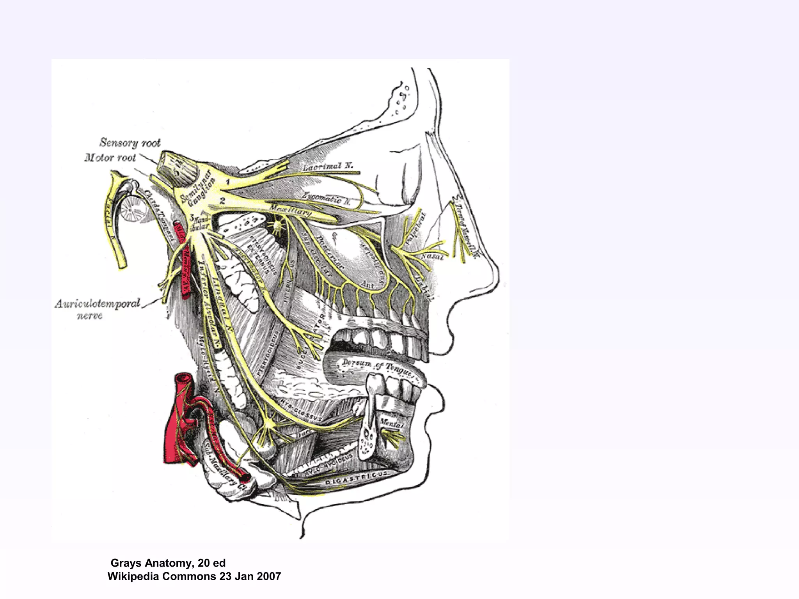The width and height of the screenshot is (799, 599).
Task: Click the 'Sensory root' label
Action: click(x=130, y=143)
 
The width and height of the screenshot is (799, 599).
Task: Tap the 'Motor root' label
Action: click(x=110, y=158)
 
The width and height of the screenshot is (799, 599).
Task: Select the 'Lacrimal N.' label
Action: click(x=328, y=167)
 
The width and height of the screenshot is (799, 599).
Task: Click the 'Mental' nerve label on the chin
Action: click(x=391, y=423)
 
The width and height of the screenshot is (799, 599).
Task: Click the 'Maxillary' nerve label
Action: click(x=290, y=211)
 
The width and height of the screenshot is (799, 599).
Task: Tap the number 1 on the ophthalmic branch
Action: click(x=228, y=181)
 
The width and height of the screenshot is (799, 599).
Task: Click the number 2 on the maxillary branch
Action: click(x=222, y=201)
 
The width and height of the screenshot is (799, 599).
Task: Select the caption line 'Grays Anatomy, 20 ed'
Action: click(x=168, y=563)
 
